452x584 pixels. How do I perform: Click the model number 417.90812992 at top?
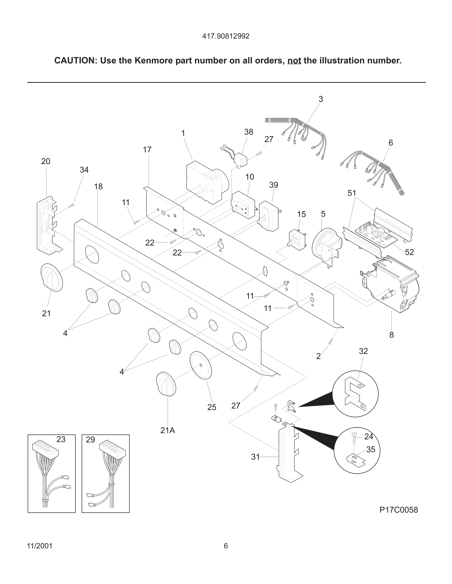pyautogui.click(x=226, y=36)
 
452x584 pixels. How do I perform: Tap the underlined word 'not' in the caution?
pyautogui.click(x=294, y=61)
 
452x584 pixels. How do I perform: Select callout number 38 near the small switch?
pyautogui.click(x=248, y=132)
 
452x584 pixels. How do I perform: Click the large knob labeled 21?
pyautogui.click(x=52, y=277)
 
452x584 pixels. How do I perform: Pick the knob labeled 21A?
pyautogui.click(x=166, y=383)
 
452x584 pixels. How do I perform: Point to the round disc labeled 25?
pyautogui.click(x=201, y=365)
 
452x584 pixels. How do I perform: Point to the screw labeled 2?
pyautogui.click(x=330, y=341)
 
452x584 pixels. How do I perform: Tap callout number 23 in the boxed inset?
pyautogui.click(x=61, y=439)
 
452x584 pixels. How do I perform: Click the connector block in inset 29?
pyautogui.click(x=113, y=449)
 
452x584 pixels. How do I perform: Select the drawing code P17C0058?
pyautogui.click(x=398, y=510)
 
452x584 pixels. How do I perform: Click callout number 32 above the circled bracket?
pyautogui.click(x=363, y=351)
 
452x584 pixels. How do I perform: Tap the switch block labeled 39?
pyautogui.click(x=269, y=216)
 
